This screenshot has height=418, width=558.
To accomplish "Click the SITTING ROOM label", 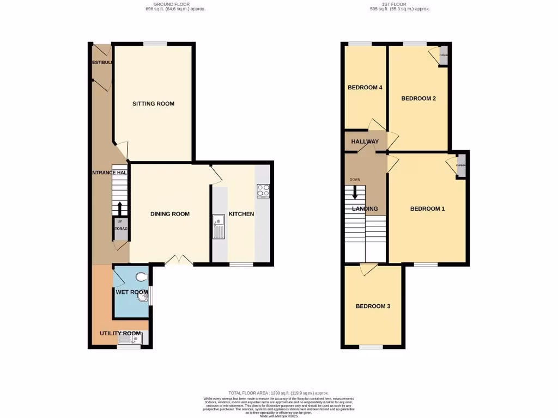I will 153,103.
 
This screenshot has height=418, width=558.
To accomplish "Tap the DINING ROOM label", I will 170,214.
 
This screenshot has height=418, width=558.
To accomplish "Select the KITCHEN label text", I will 241,214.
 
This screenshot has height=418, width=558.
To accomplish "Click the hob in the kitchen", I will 263,191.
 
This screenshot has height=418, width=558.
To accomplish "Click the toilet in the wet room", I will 142,276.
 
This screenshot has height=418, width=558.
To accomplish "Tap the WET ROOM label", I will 131,292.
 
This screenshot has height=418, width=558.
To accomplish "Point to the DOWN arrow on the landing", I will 355,192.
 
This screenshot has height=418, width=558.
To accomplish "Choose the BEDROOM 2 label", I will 418,99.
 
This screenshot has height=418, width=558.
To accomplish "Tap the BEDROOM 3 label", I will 373,306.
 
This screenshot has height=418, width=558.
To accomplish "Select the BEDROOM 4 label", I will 365,88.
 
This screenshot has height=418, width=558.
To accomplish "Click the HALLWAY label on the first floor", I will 365,142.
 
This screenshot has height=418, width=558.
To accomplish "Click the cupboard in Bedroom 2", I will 444,56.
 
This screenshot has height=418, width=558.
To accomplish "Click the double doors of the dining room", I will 179,260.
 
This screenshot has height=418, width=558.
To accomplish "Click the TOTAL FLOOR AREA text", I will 278,392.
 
